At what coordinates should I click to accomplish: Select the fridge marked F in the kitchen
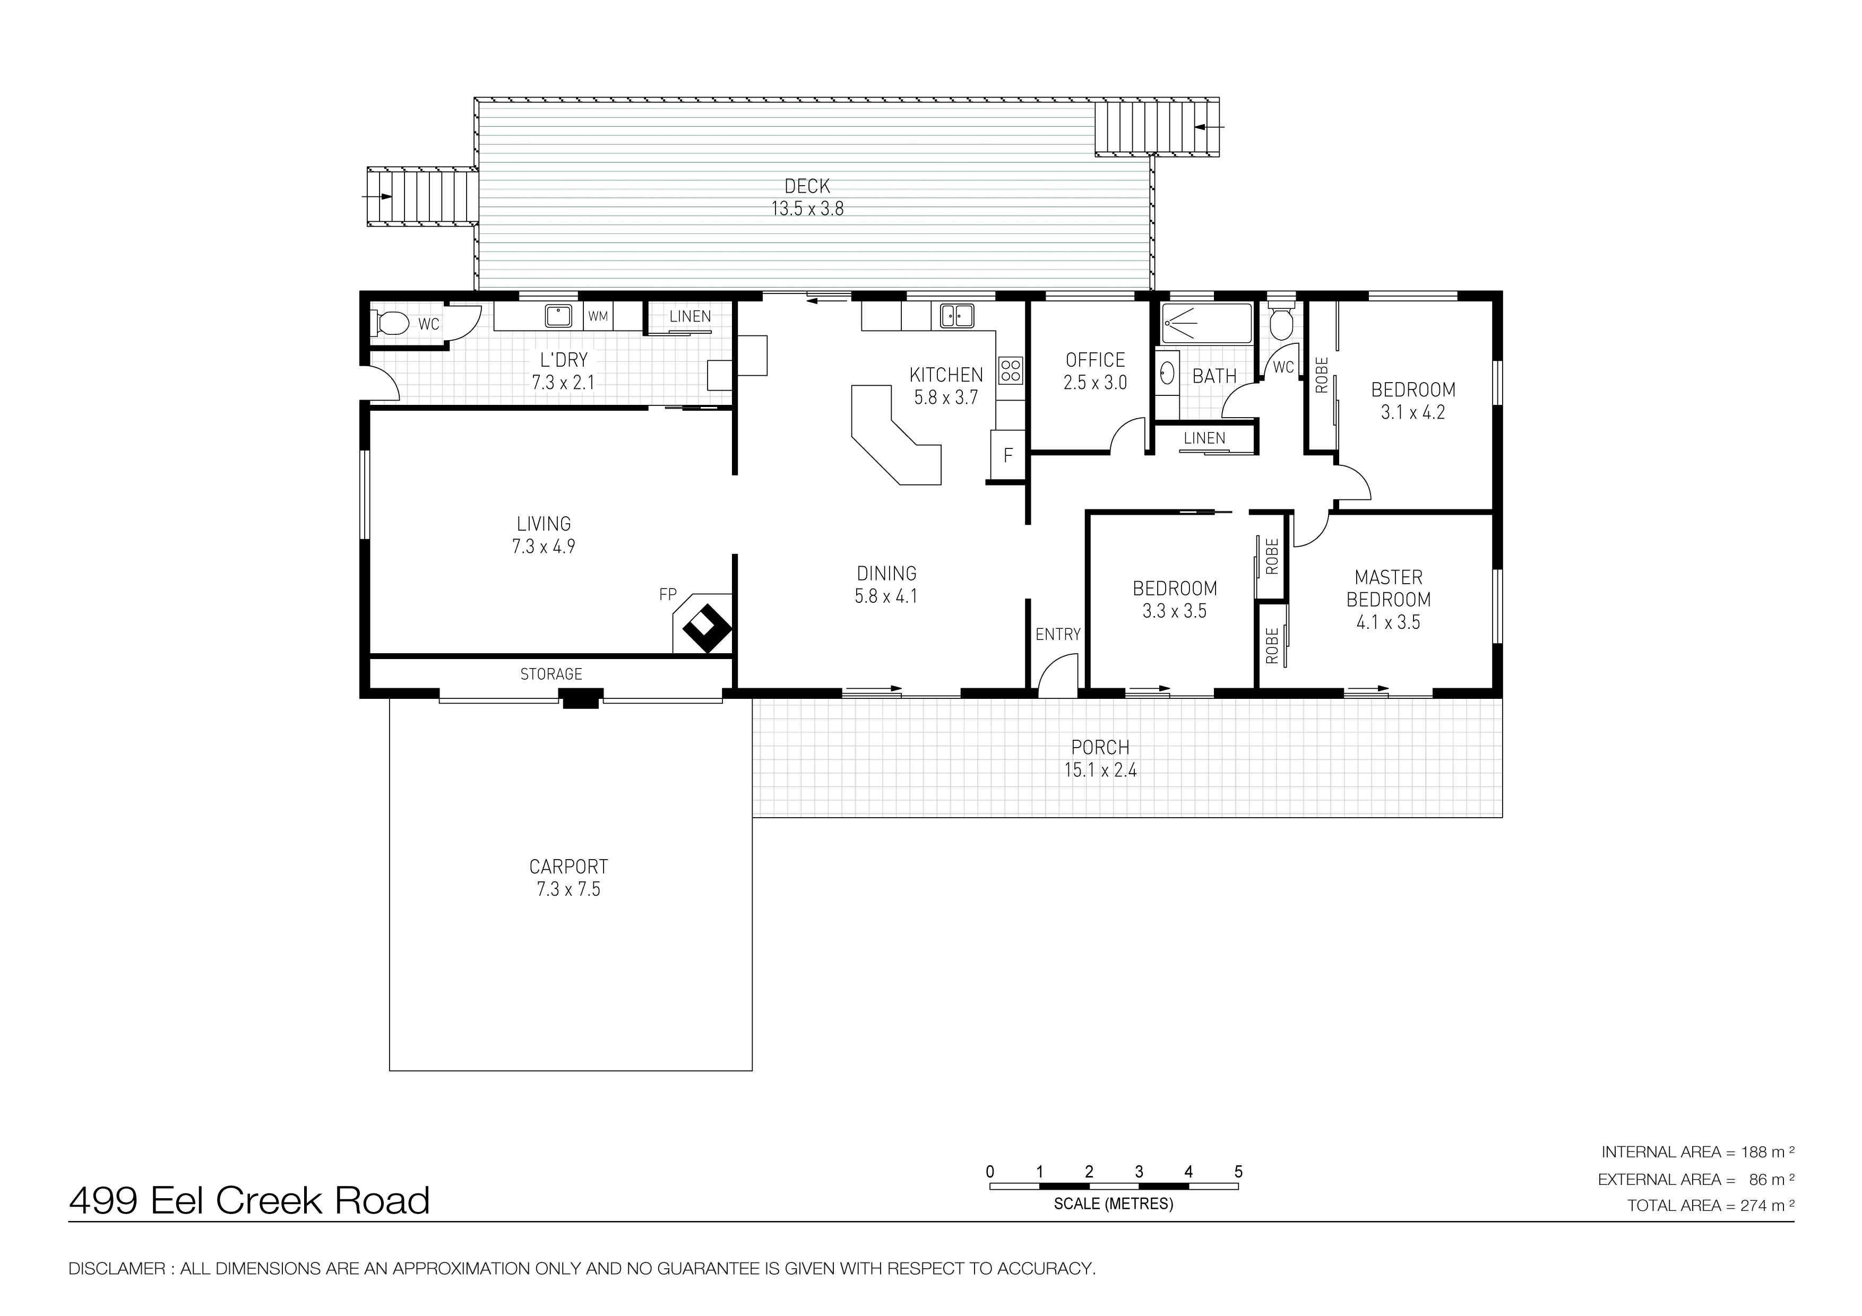[x=1008, y=455]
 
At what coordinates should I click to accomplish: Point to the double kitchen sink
[x=957, y=315]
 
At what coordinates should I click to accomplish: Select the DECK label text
[x=807, y=186]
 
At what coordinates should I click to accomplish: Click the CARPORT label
[x=568, y=867]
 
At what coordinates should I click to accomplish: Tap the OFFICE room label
[x=1095, y=360]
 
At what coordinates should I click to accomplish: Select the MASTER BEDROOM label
[x=1389, y=588]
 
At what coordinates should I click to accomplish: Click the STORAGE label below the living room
[x=551, y=674]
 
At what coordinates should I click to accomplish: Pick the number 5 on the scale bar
[x=1238, y=1172]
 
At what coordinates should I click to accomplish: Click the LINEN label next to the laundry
[x=690, y=316]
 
